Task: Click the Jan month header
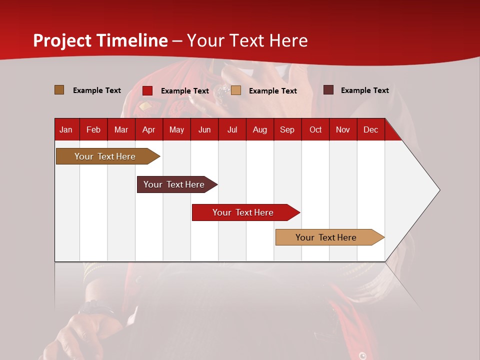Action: point(66,129)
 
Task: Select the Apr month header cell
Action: point(148,129)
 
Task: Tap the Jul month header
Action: point(232,129)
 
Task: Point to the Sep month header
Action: point(287,129)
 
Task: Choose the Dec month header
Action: point(370,129)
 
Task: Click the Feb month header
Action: point(93,129)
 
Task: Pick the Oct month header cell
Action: point(315,129)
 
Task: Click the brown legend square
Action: point(59,90)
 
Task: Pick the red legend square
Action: point(147,90)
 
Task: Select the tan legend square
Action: point(236,90)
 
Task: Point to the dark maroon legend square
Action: point(328,90)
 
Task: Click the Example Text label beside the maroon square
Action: point(364,90)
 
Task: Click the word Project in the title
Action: point(62,40)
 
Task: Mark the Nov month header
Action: point(343,129)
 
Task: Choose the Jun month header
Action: point(204,129)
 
